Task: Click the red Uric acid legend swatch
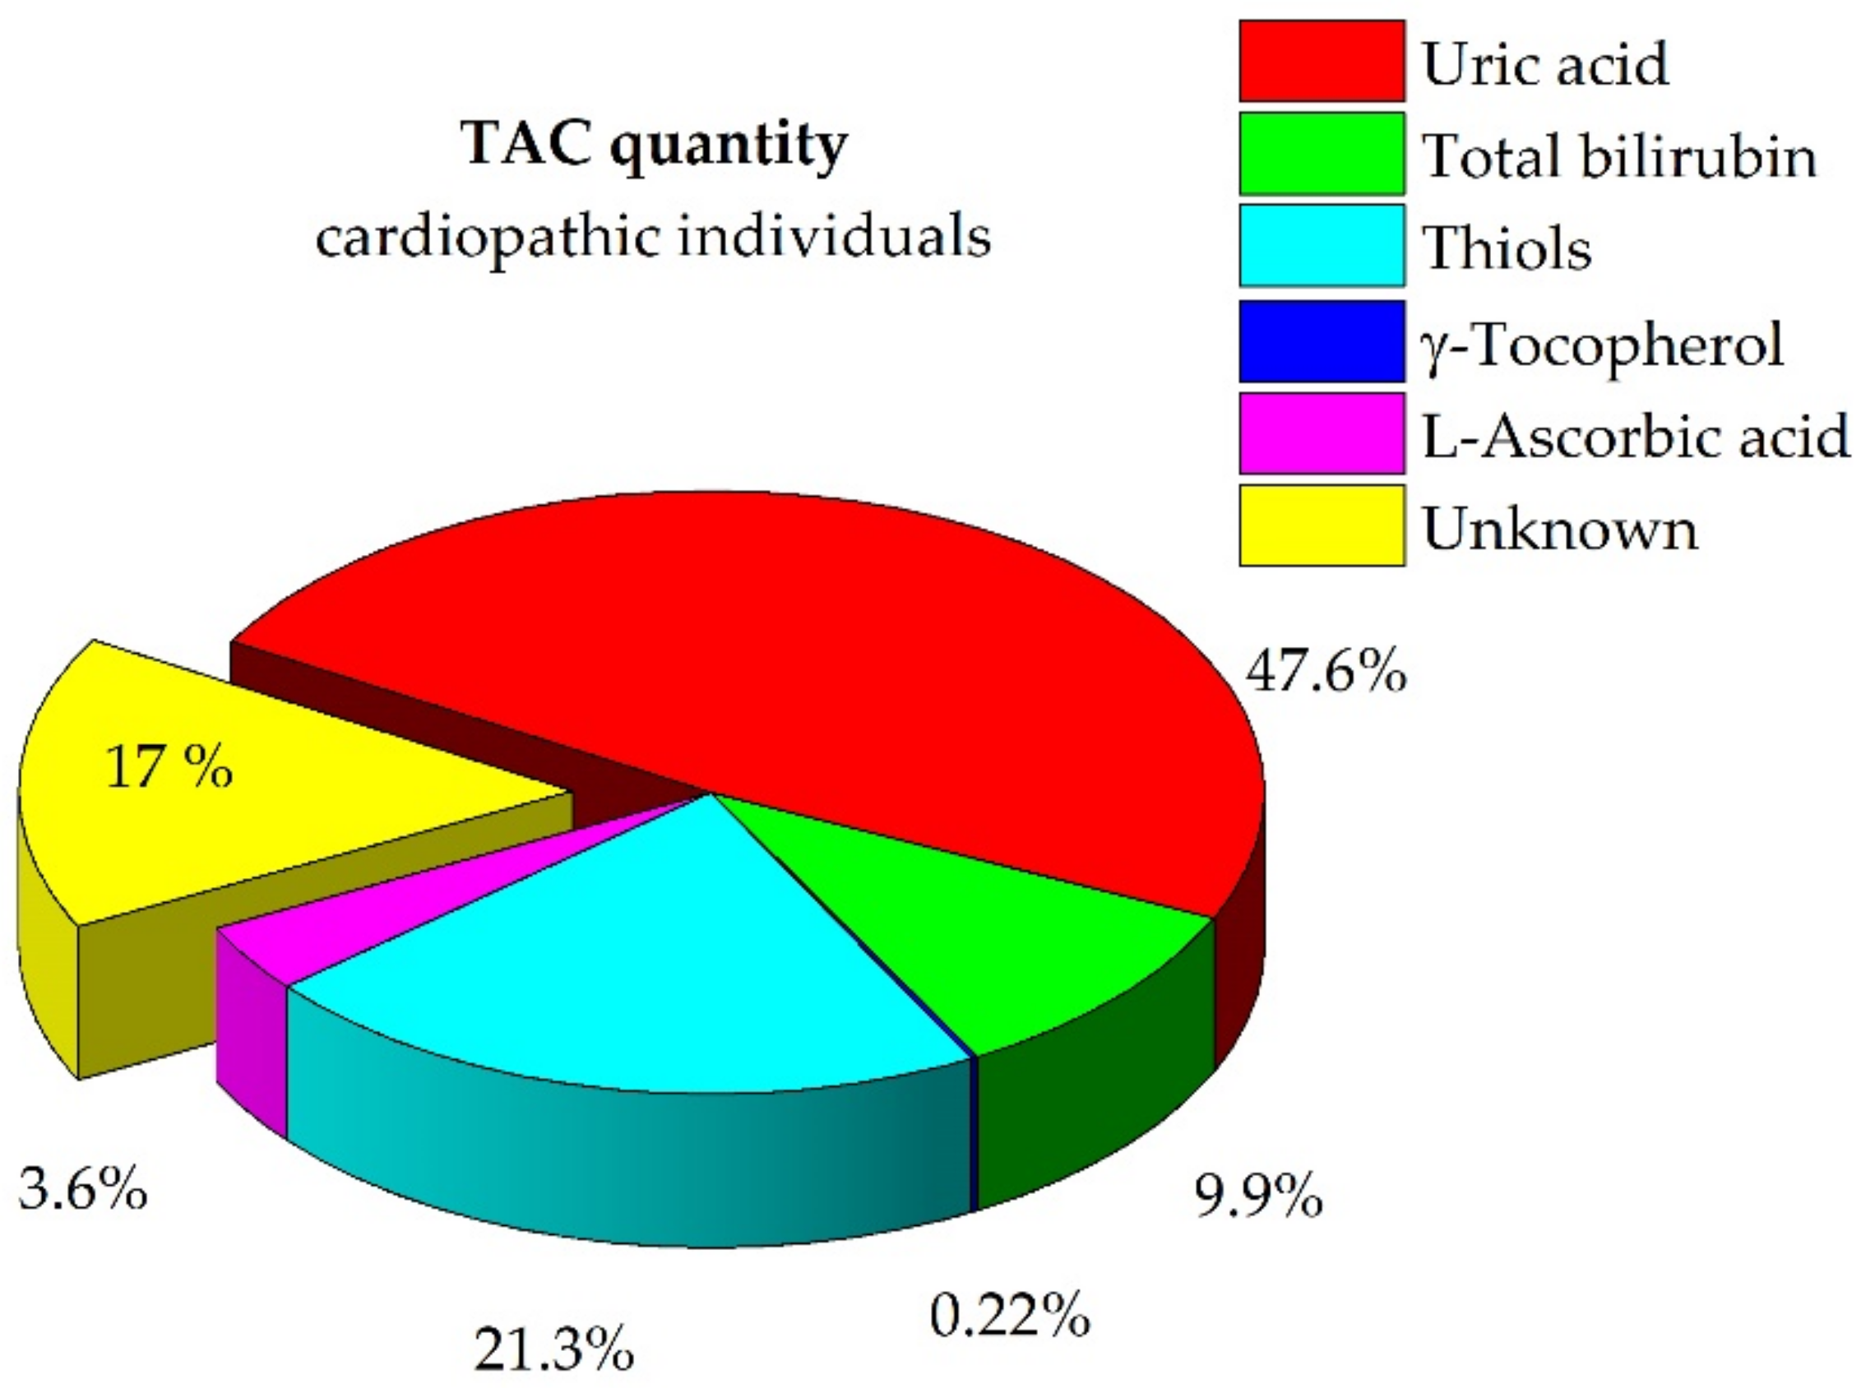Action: click(x=1322, y=62)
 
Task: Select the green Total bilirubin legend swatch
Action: click(x=1322, y=154)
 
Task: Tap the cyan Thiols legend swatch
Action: click(x=1322, y=245)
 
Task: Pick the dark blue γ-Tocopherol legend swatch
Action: click(x=1322, y=341)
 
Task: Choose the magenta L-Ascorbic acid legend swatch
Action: click(x=1322, y=433)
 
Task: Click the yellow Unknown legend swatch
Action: click(x=1322, y=525)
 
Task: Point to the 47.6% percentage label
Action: click(x=1325, y=672)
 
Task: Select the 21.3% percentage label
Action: click(x=553, y=1349)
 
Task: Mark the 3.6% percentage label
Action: click(x=82, y=1189)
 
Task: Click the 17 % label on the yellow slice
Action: click(x=169, y=767)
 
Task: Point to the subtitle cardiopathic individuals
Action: click(x=653, y=237)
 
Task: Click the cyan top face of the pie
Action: click(x=638, y=950)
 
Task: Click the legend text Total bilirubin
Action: click(x=1618, y=155)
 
